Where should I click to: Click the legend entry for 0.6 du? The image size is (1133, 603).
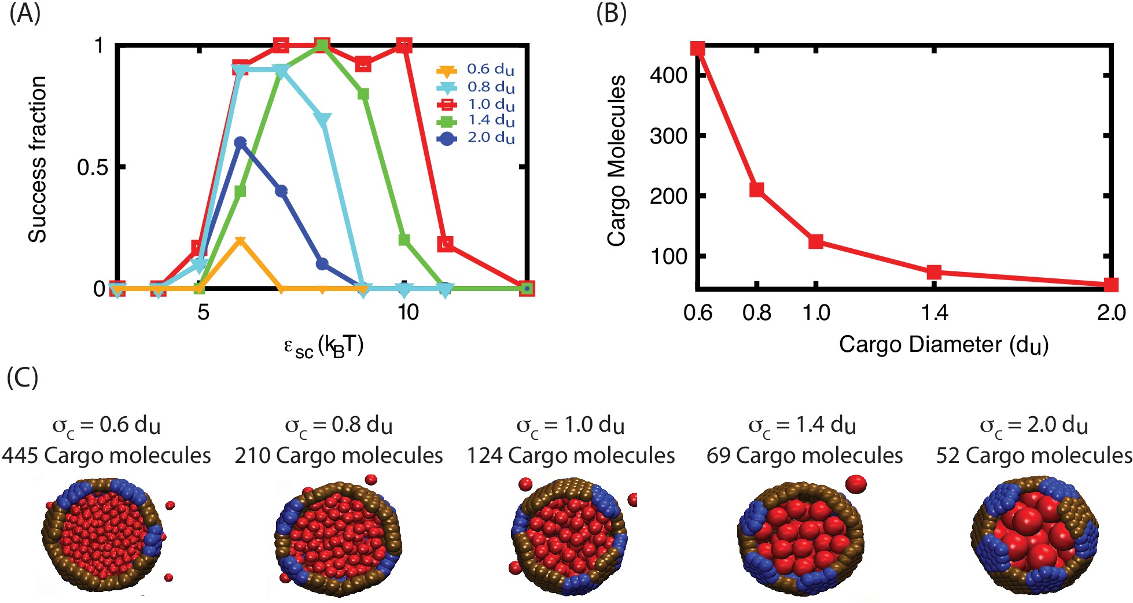point(474,70)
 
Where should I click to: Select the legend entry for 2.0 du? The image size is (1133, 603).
point(474,138)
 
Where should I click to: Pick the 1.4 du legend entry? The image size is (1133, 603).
point(474,121)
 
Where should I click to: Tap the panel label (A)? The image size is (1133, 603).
point(25,13)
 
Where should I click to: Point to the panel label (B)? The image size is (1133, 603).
point(611,13)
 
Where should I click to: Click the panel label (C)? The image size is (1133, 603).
point(23,378)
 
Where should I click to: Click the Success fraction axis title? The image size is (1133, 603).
point(38,159)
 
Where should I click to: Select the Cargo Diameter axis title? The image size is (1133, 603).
point(943,345)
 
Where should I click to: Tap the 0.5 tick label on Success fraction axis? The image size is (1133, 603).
point(92,167)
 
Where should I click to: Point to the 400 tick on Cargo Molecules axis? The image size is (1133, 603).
point(668,75)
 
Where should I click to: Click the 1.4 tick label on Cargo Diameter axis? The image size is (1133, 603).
point(934,313)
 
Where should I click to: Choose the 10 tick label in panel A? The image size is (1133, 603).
point(407,312)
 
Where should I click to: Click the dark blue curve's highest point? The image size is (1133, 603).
point(241,142)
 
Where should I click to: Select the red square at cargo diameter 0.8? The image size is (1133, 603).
point(756,189)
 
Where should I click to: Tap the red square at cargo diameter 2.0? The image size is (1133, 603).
point(1110,285)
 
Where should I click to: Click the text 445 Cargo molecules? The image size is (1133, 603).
point(106,455)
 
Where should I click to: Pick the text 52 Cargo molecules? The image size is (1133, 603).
point(1034,455)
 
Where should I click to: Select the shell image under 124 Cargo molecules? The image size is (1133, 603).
point(569,535)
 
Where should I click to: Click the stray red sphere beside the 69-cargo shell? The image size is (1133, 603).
point(856,484)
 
